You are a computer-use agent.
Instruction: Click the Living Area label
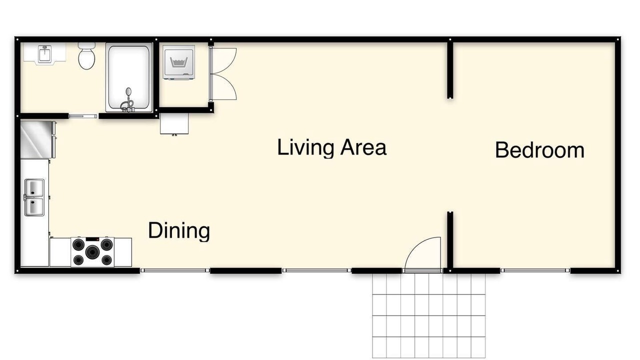[x=331, y=147]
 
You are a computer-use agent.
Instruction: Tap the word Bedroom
[x=539, y=150]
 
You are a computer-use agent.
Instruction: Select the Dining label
[x=179, y=230]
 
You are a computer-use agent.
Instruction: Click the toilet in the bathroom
[x=86, y=56]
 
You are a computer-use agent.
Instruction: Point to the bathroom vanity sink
[x=44, y=53]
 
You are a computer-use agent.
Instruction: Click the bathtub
[x=129, y=77]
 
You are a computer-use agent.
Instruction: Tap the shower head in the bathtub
[x=128, y=91]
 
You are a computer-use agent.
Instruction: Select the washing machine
[x=179, y=62]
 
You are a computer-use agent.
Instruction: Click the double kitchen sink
[x=34, y=197]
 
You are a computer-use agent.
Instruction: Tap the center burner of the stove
[x=92, y=251]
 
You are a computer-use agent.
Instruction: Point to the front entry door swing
[x=423, y=253]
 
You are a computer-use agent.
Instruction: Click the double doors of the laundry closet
[x=223, y=74]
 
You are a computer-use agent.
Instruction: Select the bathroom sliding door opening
[x=83, y=116]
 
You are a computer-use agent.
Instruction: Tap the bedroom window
[x=535, y=270]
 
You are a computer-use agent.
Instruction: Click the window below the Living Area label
[x=317, y=270]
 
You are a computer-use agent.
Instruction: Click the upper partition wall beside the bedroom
[x=450, y=69]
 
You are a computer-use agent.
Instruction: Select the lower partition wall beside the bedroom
[x=450, y=241]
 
